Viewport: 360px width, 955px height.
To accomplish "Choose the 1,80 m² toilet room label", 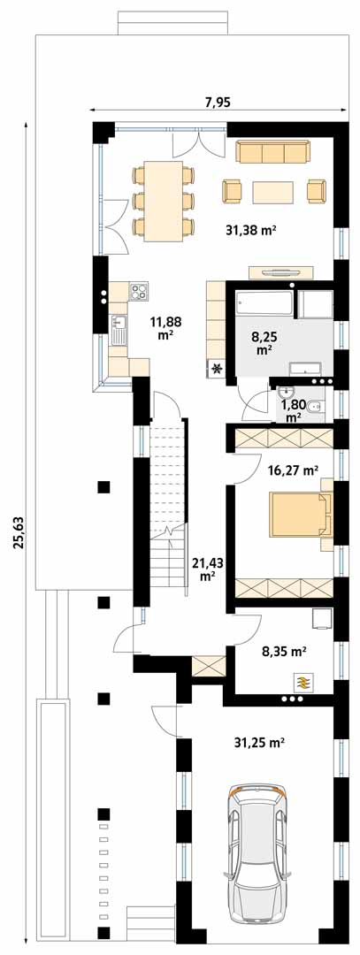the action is pyautogui.click(x=293, y=410).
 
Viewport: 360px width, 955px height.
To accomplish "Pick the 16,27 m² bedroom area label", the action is pyautogui.click(x=295, y=470).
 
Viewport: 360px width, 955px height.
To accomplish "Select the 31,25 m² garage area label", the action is pyautogui.click(x=260, y=743).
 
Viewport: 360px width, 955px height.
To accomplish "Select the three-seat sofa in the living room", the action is pyautogui.click(x=272, y=152).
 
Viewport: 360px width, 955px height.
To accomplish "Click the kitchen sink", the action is pyautogui.click(x=118, y=330).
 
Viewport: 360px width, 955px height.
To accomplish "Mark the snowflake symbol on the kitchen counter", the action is pyautogui.click(x=216, y=368).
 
